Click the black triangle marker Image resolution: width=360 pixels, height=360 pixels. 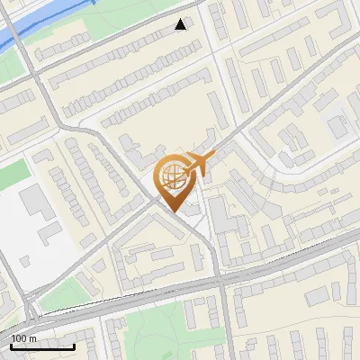[182, 24]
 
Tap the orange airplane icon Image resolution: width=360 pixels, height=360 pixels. [199, 165]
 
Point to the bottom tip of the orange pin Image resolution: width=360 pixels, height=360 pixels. [173, 211]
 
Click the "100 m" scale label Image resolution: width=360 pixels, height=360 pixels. [23, 337]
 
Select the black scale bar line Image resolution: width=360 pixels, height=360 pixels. [42, 346]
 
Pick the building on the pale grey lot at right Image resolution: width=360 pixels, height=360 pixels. [338, 126]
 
